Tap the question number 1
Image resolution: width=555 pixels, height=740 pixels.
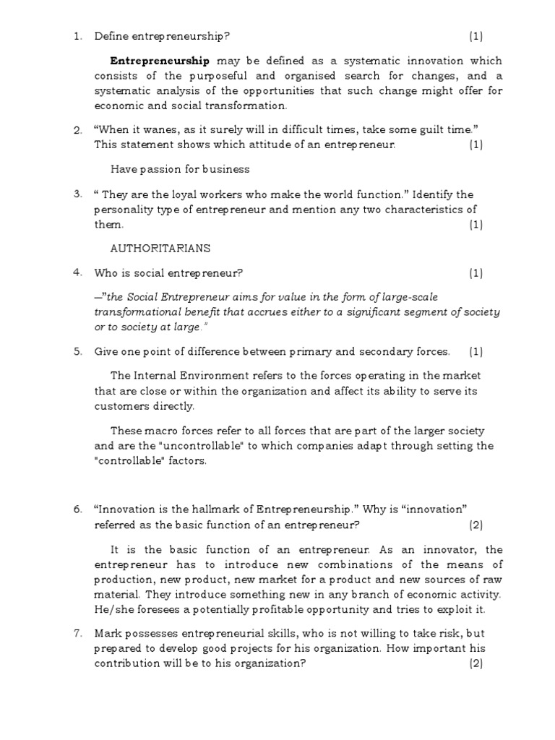[77, 36]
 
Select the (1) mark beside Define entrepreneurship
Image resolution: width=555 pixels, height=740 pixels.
[475, 36]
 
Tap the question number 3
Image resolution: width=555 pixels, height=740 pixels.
[77, 194]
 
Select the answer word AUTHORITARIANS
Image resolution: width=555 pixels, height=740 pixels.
[160, 248]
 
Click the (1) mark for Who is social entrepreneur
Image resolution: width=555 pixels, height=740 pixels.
[475, 273]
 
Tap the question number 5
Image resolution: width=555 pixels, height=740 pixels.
[77, 351]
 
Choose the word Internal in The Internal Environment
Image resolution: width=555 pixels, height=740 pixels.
[155, 376]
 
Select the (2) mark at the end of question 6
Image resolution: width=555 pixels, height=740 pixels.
[475, 525]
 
